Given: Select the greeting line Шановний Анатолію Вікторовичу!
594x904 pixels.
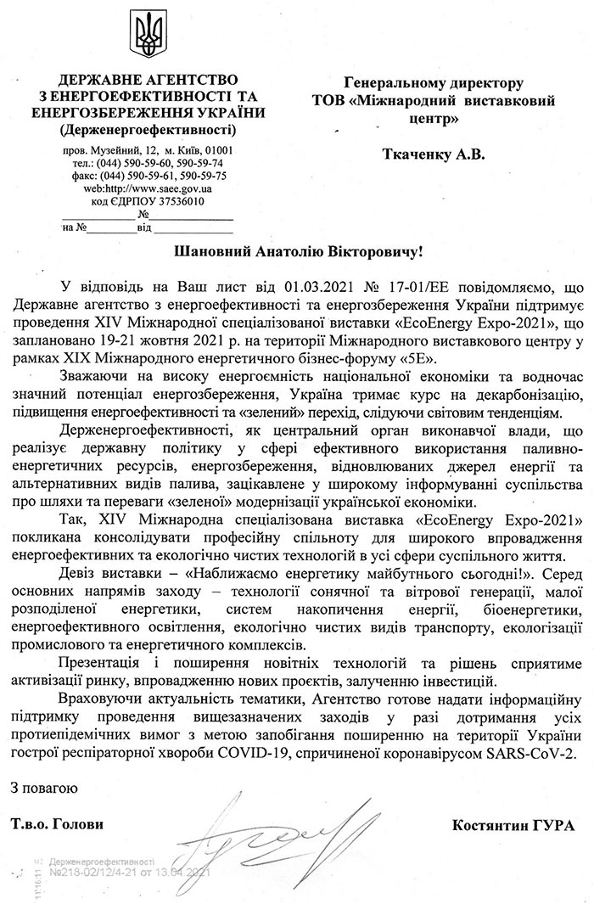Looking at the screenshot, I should pos(297,253).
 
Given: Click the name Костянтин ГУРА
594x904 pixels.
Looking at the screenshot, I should pos(513,825).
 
